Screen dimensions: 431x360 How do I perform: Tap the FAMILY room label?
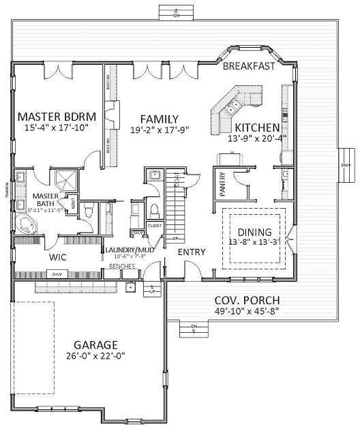(x=159, y=118)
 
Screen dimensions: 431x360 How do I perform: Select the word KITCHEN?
(x=257, y=128)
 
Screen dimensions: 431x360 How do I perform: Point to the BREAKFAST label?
(x=249, y=66)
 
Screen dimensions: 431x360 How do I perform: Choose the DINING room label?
(x=254, y=231)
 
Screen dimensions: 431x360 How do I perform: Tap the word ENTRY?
(x=191, y=252)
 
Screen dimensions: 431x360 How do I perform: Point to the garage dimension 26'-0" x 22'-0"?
(x=96, y=356)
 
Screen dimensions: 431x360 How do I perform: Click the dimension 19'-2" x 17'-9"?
(x=160, y=129)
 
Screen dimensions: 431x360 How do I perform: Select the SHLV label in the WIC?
(x=57, y=274)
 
